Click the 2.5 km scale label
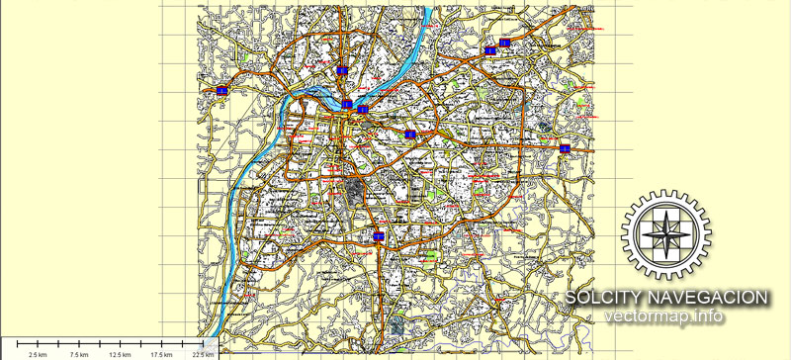(38, 354)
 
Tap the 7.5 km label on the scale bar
(81, 354)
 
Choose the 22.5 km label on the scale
(204, 354)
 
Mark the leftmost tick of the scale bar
(17, 344)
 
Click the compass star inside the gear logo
(665, 231)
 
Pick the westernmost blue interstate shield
(222, 91)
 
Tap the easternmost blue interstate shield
(565, 148)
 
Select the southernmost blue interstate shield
(379, 236)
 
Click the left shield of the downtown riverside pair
(347, 104)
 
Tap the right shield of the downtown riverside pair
(363, 109)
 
